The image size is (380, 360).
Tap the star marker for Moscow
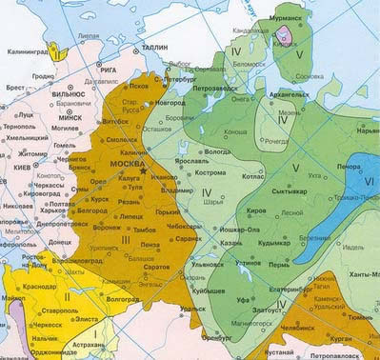click(143, 170)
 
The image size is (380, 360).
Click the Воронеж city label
click(107, 229)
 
